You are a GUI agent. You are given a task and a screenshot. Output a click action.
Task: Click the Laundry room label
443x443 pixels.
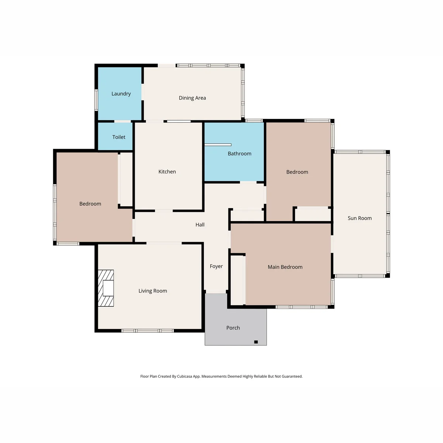(121, 94)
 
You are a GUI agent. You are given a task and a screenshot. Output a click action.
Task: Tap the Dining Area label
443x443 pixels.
(192, 98)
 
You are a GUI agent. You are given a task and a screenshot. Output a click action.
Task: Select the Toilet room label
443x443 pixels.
(119, 137)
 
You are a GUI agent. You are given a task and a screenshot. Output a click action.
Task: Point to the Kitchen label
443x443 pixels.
(167, 172)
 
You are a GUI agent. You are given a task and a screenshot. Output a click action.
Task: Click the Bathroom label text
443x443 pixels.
(239, 154)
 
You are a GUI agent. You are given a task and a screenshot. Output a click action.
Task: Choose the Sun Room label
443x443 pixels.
(360, 218)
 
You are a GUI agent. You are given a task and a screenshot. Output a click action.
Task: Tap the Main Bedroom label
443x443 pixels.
(285, 267)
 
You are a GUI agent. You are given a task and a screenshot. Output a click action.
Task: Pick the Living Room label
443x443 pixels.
(152, 291)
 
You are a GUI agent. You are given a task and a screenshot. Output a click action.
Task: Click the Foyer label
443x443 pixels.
(216, 266)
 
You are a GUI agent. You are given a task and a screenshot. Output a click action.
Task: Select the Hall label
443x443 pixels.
(200, 224)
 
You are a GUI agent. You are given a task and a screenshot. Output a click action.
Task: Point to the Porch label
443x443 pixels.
(233, 328)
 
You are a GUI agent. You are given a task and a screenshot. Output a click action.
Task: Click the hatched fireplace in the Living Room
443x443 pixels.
(106, 288)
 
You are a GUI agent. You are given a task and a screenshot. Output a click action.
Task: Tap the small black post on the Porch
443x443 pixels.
(256, 342)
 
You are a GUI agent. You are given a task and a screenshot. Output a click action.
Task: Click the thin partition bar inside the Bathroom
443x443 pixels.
(218, 145)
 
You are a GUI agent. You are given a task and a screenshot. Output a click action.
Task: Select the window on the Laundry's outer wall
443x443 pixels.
(96, 100)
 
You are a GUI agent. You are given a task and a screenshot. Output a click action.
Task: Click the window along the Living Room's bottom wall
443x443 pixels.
(148, 330)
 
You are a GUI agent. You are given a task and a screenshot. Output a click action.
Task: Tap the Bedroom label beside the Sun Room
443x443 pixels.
(297, 172)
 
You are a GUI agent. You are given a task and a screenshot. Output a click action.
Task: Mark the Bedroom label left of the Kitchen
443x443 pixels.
(90, 204)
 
